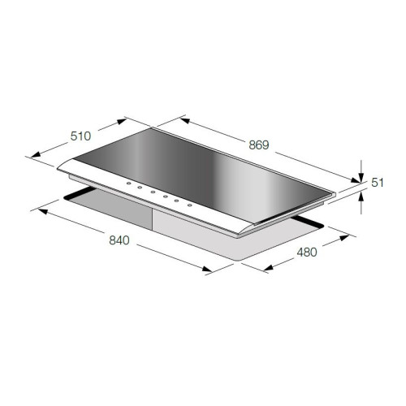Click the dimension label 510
(x=80, y=136)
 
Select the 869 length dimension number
(x=259, y=145)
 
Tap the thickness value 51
(x=378, y=183)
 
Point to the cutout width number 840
(x=119, y=240)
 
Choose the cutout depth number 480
(x=307, y=253)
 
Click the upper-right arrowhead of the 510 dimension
(x=122, y=121)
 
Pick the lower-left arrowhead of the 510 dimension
(x=36, y=154)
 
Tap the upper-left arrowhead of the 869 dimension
(x=185, y=120)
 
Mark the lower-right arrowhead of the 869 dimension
(x=356, y=180)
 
